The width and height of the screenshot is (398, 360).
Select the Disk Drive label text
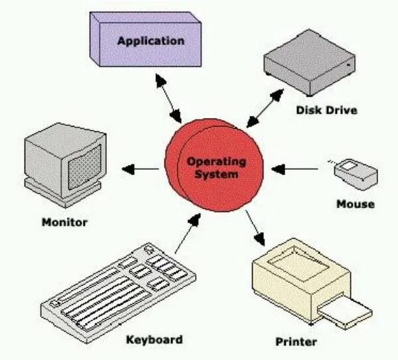click(326, 110)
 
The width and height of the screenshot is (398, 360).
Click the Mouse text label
click(356, 204)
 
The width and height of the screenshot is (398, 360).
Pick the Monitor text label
click(64, 222)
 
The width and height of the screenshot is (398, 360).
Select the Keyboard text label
click(154, 339)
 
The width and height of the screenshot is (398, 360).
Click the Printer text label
click(296, 342)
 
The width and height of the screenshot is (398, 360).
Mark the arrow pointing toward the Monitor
click(141, 170)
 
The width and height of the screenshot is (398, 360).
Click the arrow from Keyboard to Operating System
click(187, 235)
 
